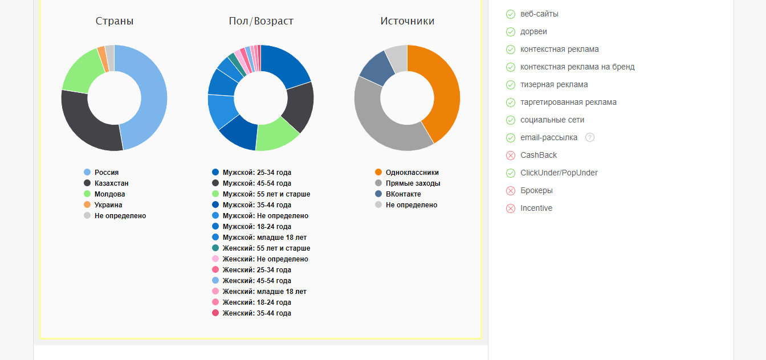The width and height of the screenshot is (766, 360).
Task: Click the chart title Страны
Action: pos(115,21)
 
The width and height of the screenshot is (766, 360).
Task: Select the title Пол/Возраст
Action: pos(260,21)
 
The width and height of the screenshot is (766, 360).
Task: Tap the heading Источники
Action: pos(407,21)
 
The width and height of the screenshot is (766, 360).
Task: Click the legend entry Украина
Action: pos(108,205)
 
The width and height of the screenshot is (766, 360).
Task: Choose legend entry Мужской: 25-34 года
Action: pos(256,173)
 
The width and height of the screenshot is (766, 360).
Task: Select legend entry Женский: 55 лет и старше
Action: pos(266,248)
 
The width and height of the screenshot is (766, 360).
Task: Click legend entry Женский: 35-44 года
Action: pos(256,313)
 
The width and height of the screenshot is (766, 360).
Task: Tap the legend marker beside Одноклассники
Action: pos(378,173)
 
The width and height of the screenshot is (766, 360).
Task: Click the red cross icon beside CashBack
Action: pos(511,156)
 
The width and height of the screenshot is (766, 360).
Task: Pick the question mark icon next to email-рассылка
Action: pos(590,137)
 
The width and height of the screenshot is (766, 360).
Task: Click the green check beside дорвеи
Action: pos(511,32)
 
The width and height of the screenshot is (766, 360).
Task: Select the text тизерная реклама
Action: pos(554,85)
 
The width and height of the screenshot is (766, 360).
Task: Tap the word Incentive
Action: pos(536,208)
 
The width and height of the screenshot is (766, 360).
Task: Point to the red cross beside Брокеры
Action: pos(511,191)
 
